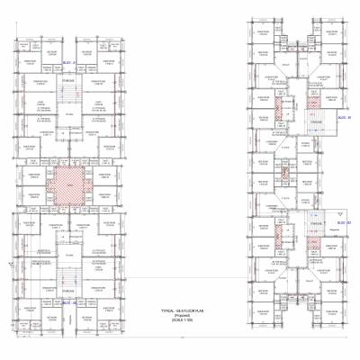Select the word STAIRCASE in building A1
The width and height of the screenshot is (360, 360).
coord(67,81)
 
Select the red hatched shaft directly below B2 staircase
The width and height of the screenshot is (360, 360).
coord(315,236)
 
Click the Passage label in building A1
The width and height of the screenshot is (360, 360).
coord(67,114)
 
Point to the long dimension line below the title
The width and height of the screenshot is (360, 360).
coord(180,338)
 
